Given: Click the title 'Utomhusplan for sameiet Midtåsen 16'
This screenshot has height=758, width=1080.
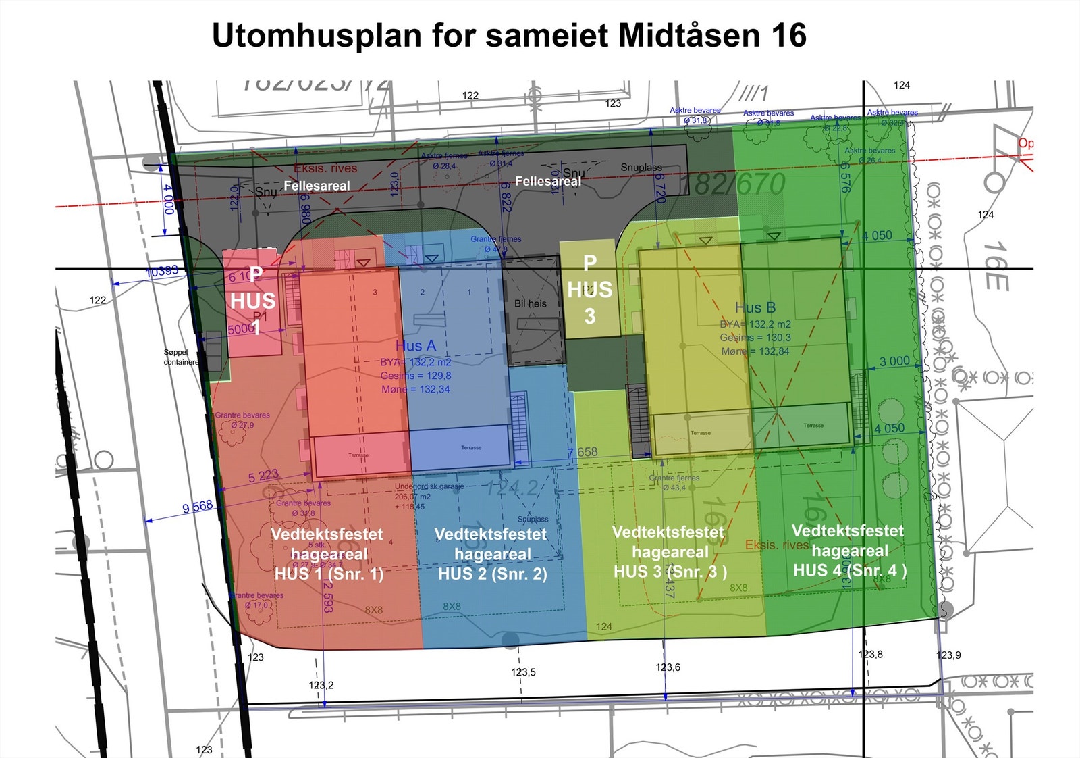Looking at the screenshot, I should pos(509,35).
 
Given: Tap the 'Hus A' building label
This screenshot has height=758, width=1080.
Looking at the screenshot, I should pos(416,346).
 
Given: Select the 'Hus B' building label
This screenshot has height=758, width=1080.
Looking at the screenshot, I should pos(755,307).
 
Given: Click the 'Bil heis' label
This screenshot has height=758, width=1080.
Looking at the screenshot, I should pos(531,303).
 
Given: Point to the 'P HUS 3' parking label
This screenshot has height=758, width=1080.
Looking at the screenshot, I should pos(590,289).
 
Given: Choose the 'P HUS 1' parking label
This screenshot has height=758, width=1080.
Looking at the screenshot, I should pos(254,301).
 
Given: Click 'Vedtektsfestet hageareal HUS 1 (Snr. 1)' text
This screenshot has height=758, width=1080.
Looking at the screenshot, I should pos(328,554).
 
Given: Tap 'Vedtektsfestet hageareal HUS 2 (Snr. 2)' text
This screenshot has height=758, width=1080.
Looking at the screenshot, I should pos(491,554).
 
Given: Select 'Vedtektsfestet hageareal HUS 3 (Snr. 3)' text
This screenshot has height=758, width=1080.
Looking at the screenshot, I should pos(670,551).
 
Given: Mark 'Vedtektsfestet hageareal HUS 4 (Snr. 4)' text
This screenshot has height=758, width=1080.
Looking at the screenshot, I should pos(849,550).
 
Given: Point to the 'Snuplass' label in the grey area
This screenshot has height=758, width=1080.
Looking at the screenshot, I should pos(641,167).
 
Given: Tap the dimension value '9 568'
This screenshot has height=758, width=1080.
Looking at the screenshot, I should pos(198,507).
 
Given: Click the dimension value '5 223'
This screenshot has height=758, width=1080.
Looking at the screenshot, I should pos(263,476).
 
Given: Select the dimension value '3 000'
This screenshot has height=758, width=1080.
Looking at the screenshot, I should pos(894,361).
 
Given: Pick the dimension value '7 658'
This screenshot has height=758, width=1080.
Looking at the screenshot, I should pos(583,452).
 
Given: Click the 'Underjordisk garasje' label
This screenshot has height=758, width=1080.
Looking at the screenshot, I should pos(429,486).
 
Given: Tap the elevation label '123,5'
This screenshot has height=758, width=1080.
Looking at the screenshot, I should pos(523,672).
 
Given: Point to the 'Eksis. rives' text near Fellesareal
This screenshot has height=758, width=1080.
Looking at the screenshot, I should pos(325,168).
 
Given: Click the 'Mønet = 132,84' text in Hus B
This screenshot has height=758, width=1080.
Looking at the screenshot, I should pos(755,351).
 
